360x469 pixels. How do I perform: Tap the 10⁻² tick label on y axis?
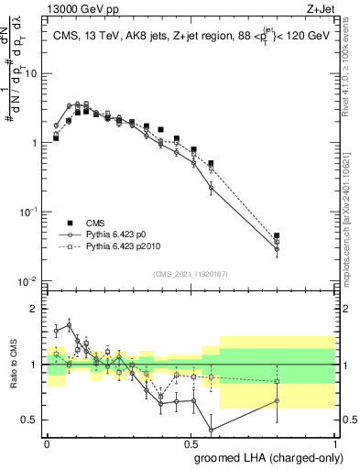(x=30, y=281)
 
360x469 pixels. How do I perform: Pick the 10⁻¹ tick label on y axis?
(x=30, y=212)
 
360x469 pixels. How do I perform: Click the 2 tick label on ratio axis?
(x=37, y=309)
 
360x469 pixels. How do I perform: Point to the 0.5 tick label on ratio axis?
(x=33, y=420)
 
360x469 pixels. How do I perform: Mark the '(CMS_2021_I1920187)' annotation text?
(x=190, y=274)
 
